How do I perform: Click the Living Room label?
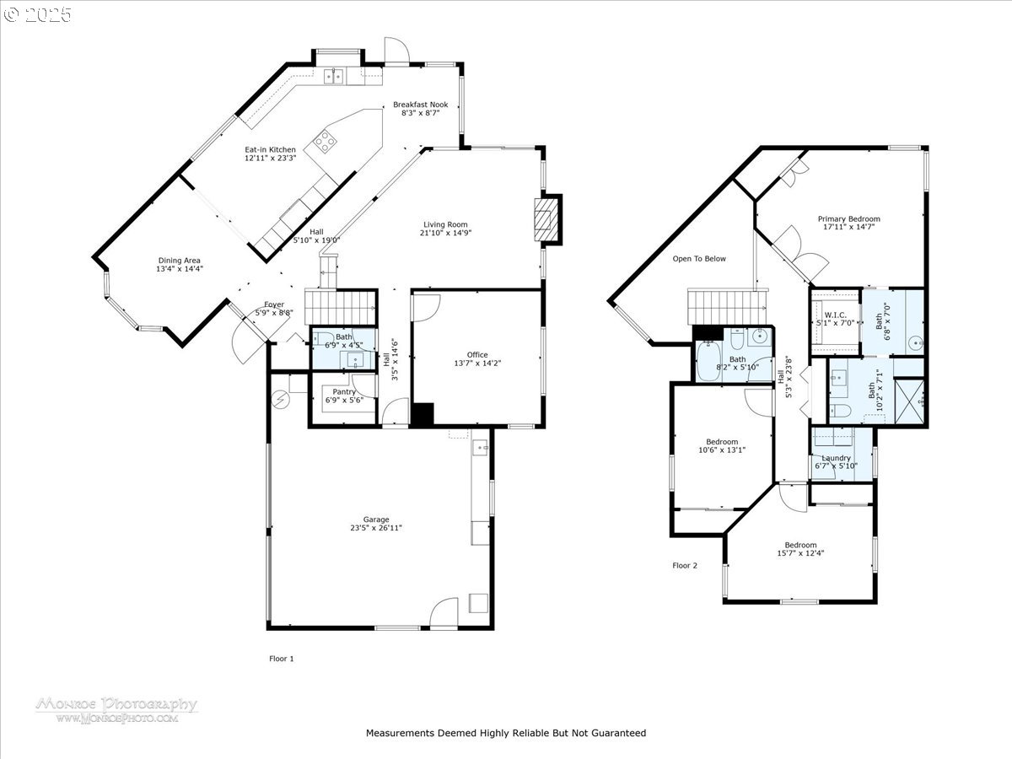[445, 224]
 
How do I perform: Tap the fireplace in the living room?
[547, 219]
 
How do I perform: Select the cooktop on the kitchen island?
[326, 141]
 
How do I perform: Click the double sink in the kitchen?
[333, 76]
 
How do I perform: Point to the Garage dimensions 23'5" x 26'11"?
[376, 528]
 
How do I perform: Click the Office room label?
[477, 354]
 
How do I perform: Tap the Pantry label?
[344, 391]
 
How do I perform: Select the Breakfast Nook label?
[421, 105]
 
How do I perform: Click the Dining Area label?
[180, 261]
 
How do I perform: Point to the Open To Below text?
[699, 259]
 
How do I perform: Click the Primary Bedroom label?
[848, 219]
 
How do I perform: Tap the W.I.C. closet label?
[835, 315]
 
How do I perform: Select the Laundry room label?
[836, 458]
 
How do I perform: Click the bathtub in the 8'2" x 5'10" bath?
[708, 361]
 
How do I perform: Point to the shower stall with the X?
[909, 401]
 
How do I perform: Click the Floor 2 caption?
[685, 565]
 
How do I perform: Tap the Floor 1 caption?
[281, 659]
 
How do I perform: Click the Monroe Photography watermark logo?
[117, 710]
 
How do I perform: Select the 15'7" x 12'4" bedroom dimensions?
[800, 553]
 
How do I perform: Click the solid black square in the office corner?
[423, 414]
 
